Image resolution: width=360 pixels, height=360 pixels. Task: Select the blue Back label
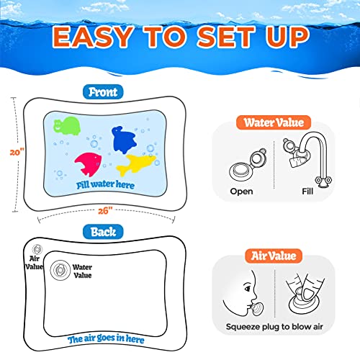pos(103,231)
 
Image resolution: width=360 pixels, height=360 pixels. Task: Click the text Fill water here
pos(105,184)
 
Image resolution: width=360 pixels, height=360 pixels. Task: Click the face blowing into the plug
pos(241,297)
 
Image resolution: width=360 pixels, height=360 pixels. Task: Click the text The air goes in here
pos(105,340)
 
